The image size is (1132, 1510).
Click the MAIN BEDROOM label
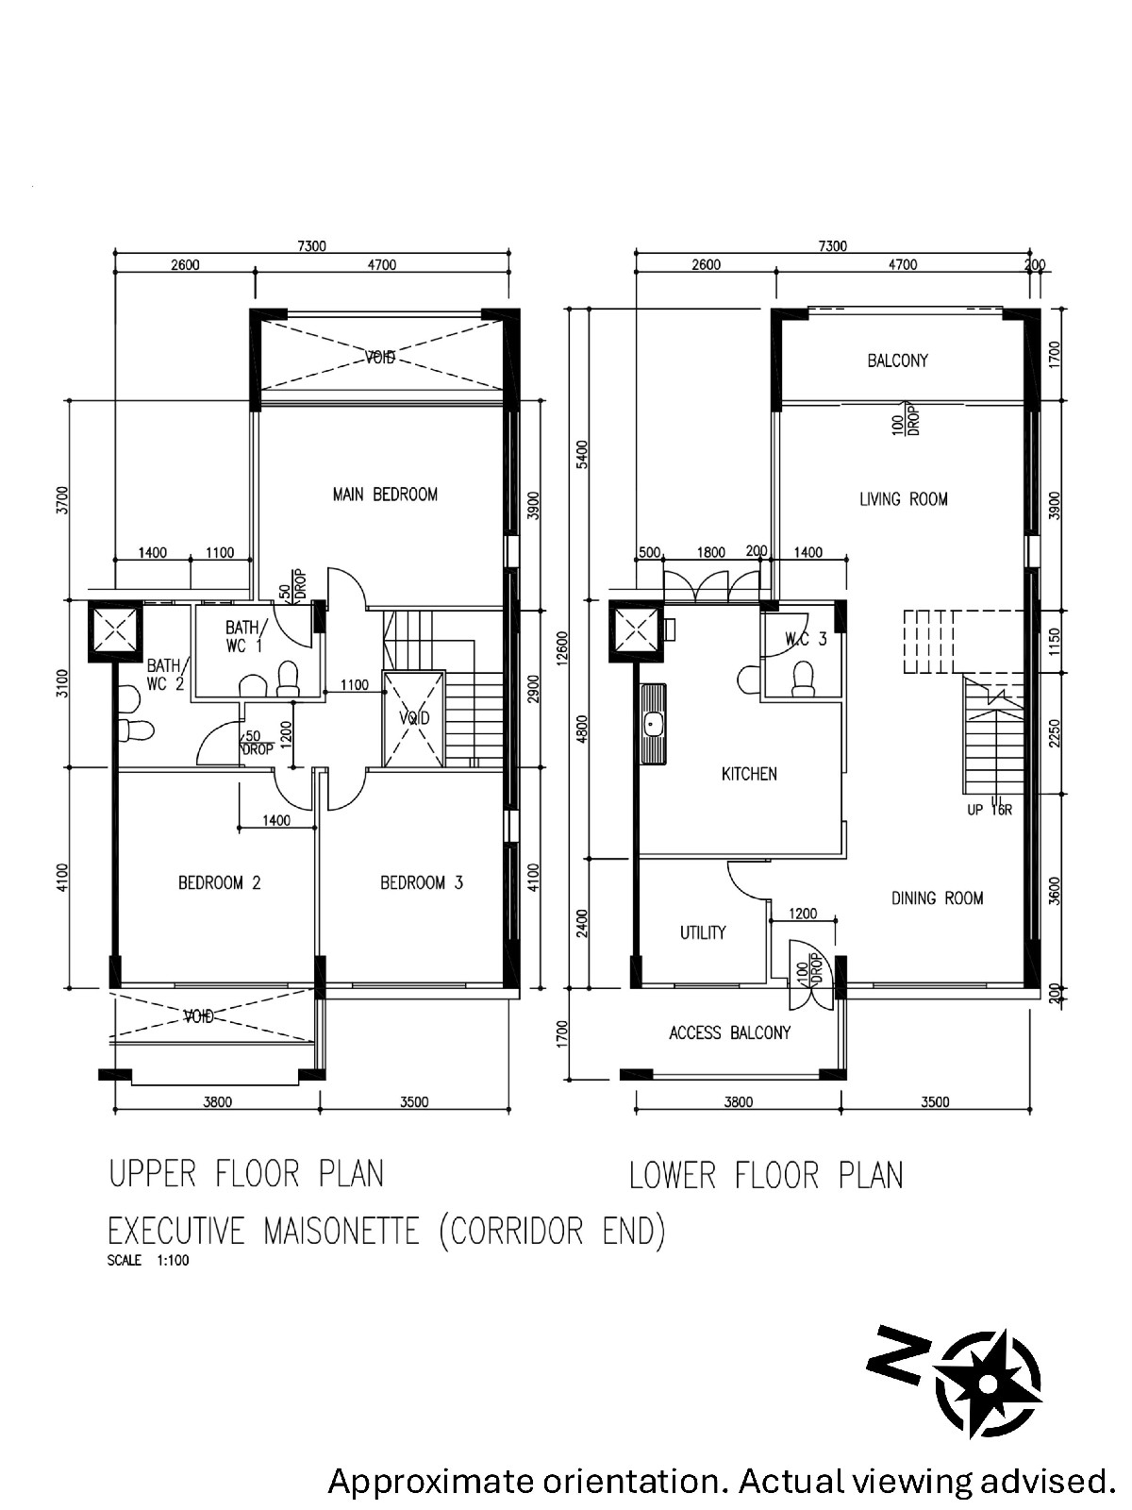385,494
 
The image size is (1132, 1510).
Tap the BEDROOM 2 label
219,882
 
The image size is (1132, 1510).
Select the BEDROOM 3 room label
422,882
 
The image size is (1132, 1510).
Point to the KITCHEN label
749,774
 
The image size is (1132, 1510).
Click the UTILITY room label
703,932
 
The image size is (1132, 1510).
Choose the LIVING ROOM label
903,498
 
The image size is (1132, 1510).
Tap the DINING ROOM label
937,898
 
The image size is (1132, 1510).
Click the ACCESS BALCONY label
730,1032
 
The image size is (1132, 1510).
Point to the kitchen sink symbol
652,724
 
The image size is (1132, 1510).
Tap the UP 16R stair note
990,811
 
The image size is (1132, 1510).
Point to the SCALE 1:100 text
148,1261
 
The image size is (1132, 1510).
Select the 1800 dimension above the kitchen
710,552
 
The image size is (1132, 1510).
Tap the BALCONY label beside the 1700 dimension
898,361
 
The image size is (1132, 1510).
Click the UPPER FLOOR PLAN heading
246,1174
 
